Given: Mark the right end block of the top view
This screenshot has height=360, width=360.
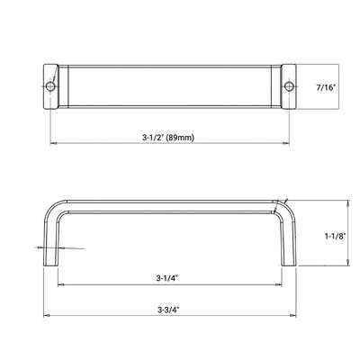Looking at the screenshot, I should (286, 85).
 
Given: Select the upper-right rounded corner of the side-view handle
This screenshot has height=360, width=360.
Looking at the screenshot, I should (283, 204).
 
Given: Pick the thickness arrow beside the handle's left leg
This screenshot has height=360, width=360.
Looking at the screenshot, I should (41, 247).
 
